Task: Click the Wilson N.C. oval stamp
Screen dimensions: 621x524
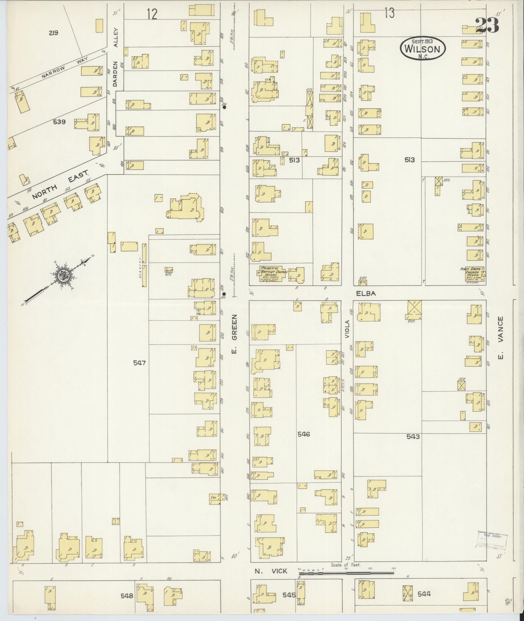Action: [423, 48]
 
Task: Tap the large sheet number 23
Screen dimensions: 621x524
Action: [487, 25]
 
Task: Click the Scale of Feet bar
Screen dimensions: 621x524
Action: [346, 573]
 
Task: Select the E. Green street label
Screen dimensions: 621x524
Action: [235, 333]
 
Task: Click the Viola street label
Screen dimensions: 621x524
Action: [347, 329]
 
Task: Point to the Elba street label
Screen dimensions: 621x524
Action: [366, 293]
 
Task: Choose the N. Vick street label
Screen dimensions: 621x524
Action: [271, 571]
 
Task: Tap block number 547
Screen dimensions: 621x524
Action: [139, 363]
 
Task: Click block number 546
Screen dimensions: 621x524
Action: [304, 434]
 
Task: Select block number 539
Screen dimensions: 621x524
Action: [59, 122]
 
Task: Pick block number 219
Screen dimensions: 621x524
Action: [54, 32]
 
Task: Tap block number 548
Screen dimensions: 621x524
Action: [127, 596]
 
